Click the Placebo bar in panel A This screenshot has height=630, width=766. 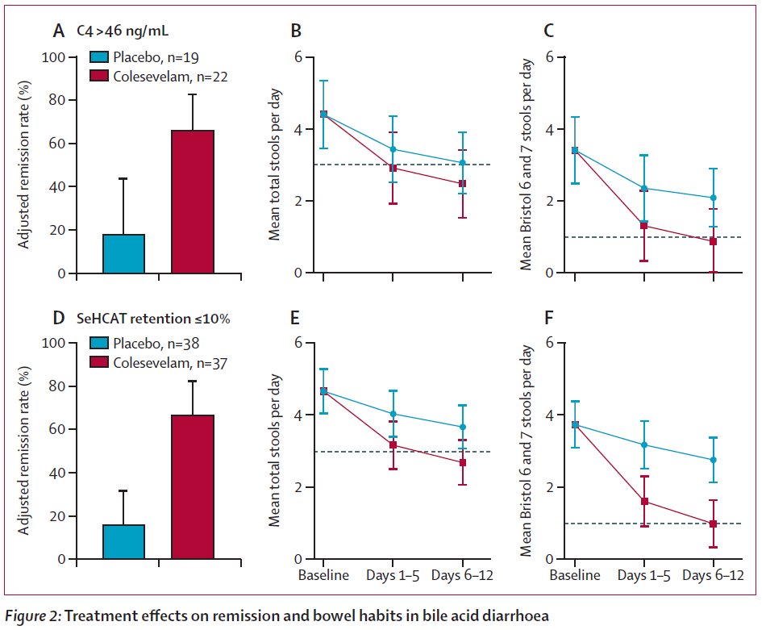coord(123,253)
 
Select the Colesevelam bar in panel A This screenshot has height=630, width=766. coord(193,202)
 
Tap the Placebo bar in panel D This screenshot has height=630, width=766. coord(123,541)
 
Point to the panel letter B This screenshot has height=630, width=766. coord(296,31)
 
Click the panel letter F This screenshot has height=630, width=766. coord(548,317)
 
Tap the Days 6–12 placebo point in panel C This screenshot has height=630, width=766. coord(714,198)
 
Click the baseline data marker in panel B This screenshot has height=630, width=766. coord(323,114)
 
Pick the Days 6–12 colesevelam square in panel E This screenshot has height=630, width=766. coord(463,462)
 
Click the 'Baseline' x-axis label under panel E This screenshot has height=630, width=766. coord(323,576)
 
